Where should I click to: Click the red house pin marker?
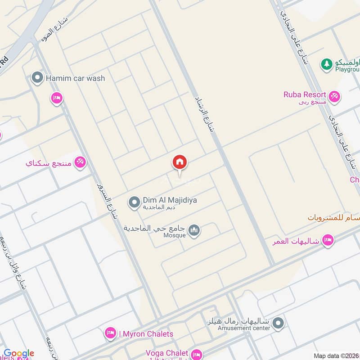[x=180, y=162]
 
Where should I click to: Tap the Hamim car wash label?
[x=75, y=78]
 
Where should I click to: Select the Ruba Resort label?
[x=304, y=94]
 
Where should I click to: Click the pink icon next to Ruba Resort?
[x=334, y=96]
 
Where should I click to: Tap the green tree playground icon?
[x=326, y=64]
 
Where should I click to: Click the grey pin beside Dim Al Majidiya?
[x=134, y=203]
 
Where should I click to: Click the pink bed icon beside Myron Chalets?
[x=109, y=333]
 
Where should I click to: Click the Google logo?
[x=19, y=354]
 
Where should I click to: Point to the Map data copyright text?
[x=336, y=356]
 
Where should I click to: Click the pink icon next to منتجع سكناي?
[x=80, y=162]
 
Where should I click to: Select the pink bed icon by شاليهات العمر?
[x=328, y=241]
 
